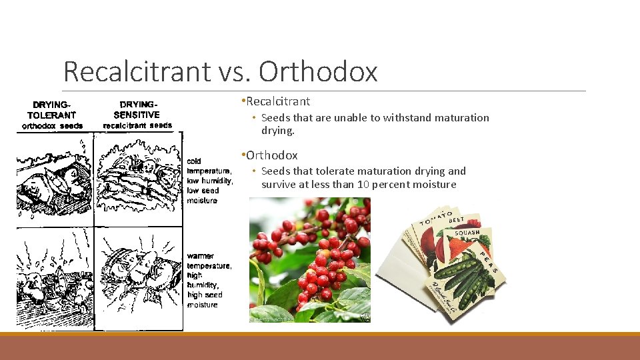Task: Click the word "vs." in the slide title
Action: point(233,72)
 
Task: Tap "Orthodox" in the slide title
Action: point(318,72)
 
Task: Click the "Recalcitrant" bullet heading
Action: point(278,101)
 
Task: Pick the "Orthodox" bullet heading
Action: point(271,155)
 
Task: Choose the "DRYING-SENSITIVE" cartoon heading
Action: point(137,109)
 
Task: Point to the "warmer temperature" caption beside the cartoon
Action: point(209,261)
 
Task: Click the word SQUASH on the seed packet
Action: point(468,233)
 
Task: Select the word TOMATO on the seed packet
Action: point(434,218)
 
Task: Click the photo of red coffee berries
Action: point(309,260)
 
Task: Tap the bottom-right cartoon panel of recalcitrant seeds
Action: point(138,277)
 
